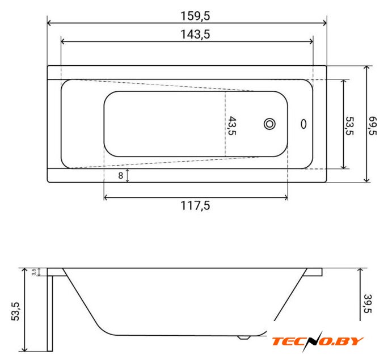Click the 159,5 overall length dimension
[x=195, y=16]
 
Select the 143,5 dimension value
[x=195, y=35]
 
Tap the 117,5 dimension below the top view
[x=195, y=206]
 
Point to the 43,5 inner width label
[x=232, y=126]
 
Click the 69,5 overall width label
[x=373, y=126]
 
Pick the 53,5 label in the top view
[x=349, y=126]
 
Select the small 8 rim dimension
[x=120, y=175]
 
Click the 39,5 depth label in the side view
[x=368, y=303]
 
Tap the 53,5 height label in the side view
[x=15, y=311]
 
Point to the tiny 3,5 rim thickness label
[x=34, y=272]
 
